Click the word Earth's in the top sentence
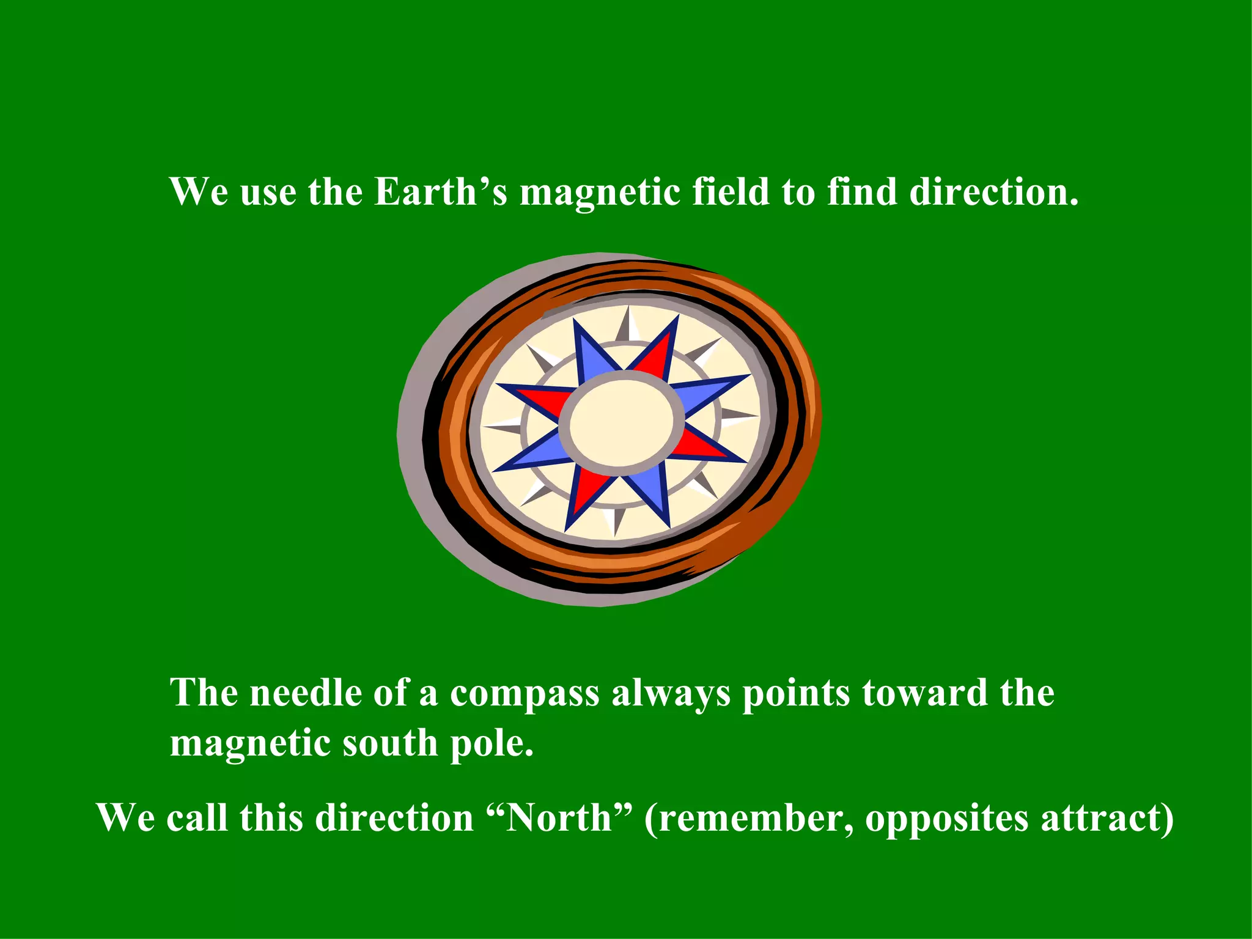[440, 192]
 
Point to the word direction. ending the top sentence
[994, 192]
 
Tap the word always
[671, 694]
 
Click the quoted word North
[559, 818]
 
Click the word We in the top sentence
[199, 192]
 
